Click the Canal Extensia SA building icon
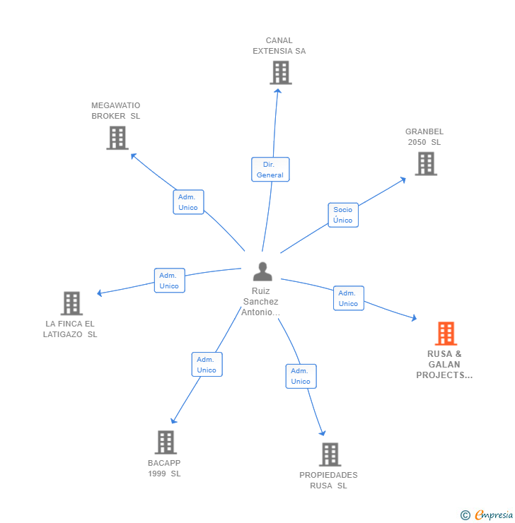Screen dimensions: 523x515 tap(280, 72)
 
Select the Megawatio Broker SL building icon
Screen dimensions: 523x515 tap(117, 138)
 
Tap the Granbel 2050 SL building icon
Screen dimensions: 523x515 tap(425, 163)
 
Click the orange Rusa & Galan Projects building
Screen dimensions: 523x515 tap(445, 333)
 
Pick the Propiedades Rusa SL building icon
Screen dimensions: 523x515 tap(330, 454)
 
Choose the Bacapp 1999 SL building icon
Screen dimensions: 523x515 tap(166, 442)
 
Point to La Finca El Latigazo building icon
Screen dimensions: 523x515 tap(71, 303)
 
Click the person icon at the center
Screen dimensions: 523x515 tap(262, 271)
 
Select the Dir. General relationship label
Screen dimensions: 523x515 tap(270, 170)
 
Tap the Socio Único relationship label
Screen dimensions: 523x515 tap(343, 215)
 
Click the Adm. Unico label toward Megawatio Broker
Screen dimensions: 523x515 tap(188, 202)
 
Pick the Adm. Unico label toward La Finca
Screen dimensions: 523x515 tap(169, 281)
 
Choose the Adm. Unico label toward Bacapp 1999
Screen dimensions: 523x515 tap(207, 365)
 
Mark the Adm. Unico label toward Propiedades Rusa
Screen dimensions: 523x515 tap(301, 376)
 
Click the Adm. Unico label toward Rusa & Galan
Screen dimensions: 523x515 tap(348, 298)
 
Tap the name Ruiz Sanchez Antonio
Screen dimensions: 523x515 tap(261, 302)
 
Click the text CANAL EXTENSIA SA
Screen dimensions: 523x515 tap(279, 46)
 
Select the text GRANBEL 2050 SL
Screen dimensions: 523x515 tap(424, 136)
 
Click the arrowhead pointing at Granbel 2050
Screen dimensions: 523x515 tap(403, 179)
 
